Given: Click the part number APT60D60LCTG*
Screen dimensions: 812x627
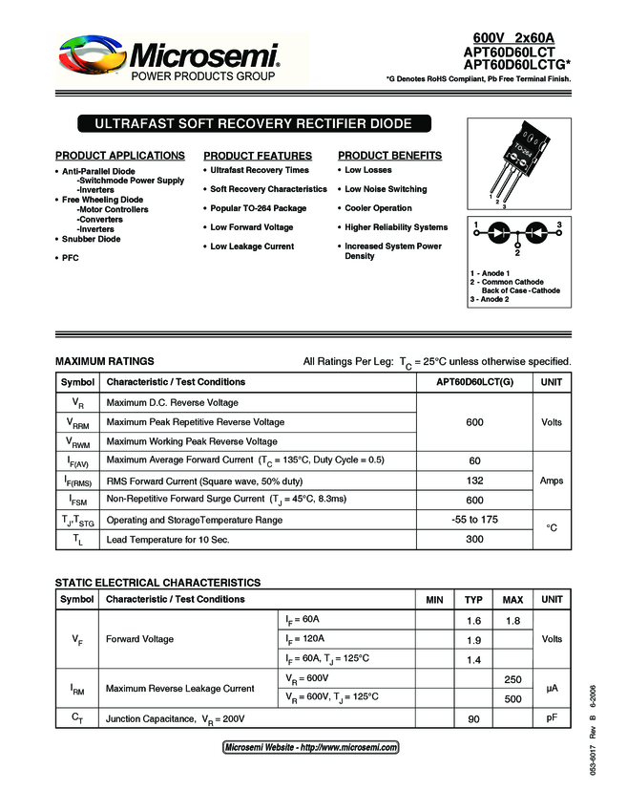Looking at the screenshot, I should (x=515, y=65).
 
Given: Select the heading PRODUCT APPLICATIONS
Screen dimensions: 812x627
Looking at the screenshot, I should (x=120, y=156).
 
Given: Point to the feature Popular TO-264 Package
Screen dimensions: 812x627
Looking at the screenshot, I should (x=258, y=208).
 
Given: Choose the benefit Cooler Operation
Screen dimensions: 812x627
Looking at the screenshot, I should (x=378, y=208).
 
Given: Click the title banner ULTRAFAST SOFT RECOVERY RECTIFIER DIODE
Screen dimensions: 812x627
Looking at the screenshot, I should (x=253, y=124).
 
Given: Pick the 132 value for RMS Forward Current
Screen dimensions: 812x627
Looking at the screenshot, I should (x=474, y=481).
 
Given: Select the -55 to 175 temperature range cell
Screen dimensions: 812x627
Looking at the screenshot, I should (x=474, y=520).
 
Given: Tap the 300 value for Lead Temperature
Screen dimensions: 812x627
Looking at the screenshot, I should (x=474, y=540).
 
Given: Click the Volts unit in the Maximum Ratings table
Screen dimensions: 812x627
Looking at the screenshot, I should (x=552, y=422).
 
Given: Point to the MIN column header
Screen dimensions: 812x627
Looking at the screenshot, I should (x=434, y=600).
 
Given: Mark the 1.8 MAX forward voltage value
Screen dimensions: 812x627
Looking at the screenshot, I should (x=512, y=621).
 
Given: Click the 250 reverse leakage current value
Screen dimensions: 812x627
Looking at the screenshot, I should (x=512, y=679).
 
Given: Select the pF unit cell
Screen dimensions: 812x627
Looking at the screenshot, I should (x=552, y=718).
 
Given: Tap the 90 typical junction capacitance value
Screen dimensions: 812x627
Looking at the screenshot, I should (x=473, y=718).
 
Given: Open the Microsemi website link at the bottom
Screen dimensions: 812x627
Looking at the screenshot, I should (x=311, y=748).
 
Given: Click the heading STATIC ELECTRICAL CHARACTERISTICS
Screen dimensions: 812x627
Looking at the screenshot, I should (x=157, y=583).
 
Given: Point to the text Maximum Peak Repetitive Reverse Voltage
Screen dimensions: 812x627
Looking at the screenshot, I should (x=196, y=422).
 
